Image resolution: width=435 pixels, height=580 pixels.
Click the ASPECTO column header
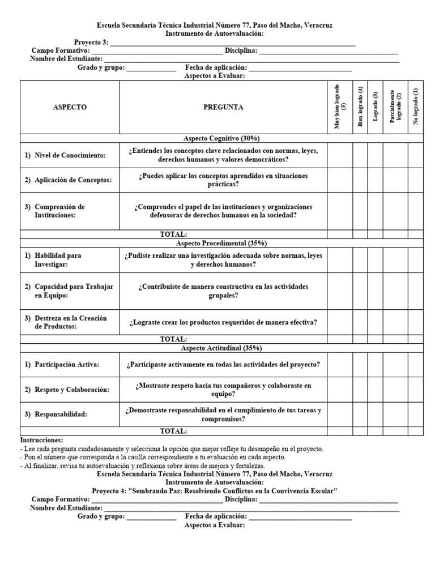tap(70, 107)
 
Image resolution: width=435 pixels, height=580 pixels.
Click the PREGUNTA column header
tap(223, 107)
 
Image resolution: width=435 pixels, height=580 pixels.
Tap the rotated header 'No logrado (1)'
tap(415, 107)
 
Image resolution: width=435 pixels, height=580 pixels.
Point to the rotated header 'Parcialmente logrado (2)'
tap(395, 107)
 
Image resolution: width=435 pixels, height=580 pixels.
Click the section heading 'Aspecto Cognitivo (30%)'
tap(221, 138)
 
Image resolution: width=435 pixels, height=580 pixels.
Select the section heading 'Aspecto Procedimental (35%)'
tap(221, 243)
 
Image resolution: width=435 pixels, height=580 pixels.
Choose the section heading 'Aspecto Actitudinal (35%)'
tap(221, 348)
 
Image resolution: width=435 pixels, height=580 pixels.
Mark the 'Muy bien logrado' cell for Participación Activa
tap(340, 364)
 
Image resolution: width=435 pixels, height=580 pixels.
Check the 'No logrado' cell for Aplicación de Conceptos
tap(415, 180)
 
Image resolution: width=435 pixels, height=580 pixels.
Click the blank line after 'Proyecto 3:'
tap(233, 42)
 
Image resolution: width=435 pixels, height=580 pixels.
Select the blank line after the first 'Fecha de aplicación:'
tap(300, 68)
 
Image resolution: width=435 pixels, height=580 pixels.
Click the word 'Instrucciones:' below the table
tap(42, 440)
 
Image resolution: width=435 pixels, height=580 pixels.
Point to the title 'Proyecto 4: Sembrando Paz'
tap(215, 491)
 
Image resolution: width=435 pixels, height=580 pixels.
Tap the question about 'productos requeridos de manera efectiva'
tap(223, 322)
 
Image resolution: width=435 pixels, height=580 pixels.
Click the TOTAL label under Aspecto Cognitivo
tap(173, 234)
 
